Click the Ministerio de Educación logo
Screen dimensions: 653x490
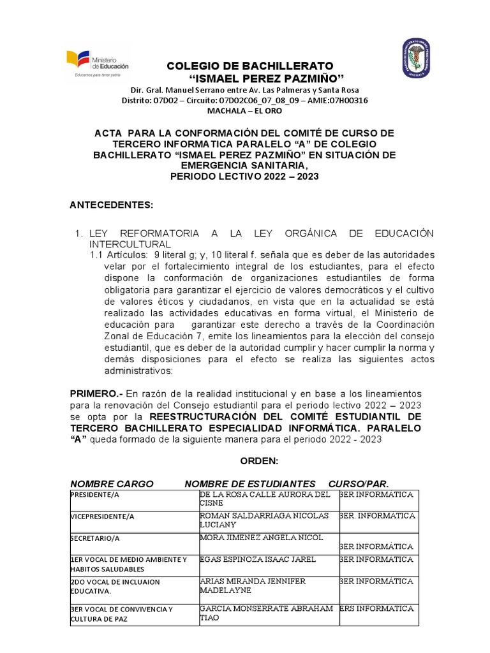(98, 63)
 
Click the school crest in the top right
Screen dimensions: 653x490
(415, 59)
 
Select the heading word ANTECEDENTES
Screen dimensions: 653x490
(111, 204)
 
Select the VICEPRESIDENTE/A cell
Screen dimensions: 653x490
(102, 516)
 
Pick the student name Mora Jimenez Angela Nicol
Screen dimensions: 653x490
(262, 538)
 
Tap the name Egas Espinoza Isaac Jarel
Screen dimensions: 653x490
(258, 559)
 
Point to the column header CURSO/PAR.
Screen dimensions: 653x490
(358, 483)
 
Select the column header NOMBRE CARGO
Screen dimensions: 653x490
(112, 483)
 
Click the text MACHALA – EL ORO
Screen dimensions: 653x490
(244, 110)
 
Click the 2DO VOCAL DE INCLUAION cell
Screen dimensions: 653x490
(115, 586)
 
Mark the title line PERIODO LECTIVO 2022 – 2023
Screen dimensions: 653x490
(244, 176)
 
